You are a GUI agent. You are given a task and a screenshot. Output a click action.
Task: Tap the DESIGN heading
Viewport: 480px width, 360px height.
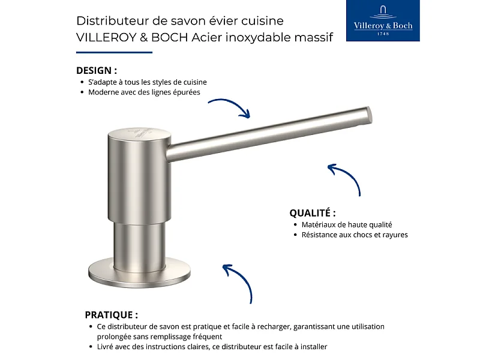97,70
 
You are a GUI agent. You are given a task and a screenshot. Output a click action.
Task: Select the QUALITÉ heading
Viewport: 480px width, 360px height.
312,213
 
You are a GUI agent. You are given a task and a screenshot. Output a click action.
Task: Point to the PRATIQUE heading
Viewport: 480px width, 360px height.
111,314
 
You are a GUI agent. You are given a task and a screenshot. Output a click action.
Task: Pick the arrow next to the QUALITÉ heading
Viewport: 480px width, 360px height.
346,177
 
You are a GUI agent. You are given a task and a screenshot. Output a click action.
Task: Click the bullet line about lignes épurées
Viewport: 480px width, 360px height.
144,92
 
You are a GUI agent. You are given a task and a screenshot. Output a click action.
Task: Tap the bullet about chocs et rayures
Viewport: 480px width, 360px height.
354,235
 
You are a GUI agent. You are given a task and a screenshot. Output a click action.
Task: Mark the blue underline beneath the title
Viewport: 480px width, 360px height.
114,52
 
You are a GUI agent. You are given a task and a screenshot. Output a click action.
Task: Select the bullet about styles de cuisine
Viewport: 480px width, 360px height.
148,82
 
